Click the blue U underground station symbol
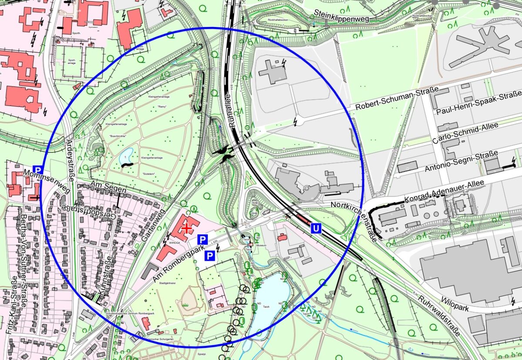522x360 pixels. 316,228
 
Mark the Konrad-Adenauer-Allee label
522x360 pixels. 444,192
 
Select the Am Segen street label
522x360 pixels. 108,188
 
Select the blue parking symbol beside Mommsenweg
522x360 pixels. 38,170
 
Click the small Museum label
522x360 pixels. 261,246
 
